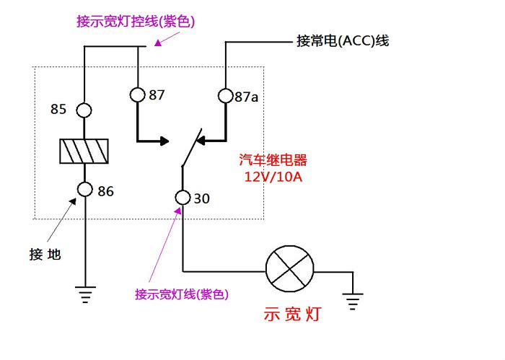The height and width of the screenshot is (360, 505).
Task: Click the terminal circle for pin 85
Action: point(84,110)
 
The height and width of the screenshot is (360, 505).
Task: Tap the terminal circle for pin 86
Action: point(84,190)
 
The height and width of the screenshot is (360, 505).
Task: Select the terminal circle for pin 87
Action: point(138,95)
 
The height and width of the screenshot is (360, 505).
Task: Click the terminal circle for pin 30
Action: point(182,197)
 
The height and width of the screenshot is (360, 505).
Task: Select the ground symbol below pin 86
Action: point(84,294)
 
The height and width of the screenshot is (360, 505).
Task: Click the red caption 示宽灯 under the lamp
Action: point(292,315)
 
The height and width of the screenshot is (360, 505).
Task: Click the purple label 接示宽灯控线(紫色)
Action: point(136,22)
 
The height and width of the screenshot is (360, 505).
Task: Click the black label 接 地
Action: point(45,254)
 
